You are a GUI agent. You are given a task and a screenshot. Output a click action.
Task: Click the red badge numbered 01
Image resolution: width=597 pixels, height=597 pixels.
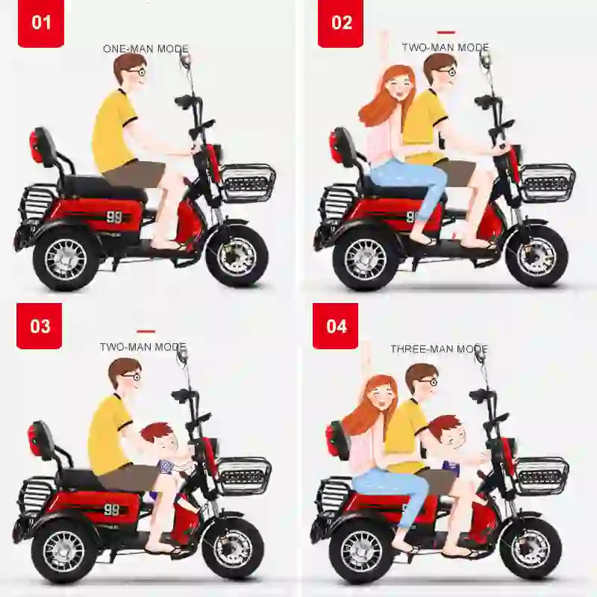41,23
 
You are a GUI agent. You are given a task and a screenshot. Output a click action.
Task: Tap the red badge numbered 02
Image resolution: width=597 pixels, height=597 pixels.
341,23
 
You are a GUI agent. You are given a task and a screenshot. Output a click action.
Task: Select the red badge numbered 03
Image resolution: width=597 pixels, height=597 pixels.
40,326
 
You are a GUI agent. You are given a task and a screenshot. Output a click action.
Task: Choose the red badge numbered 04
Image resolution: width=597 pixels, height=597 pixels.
336,326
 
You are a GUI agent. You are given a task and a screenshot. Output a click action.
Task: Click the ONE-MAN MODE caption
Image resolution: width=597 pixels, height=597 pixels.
146,49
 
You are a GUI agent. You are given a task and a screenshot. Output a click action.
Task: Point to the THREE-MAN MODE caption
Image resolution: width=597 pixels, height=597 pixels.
439,349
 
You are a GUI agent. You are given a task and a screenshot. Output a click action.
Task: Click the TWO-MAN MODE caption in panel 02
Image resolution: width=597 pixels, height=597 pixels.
445,48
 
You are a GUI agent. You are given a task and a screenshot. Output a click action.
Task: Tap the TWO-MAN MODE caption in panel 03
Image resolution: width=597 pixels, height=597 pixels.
143,348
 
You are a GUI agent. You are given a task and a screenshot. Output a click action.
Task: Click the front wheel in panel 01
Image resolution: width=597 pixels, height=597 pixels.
237,256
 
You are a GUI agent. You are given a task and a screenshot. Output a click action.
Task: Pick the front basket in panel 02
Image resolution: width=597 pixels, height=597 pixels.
547,183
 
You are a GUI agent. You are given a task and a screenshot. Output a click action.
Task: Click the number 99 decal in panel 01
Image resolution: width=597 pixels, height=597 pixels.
113,218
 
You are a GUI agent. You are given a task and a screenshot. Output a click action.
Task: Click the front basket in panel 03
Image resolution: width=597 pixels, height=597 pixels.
243,475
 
